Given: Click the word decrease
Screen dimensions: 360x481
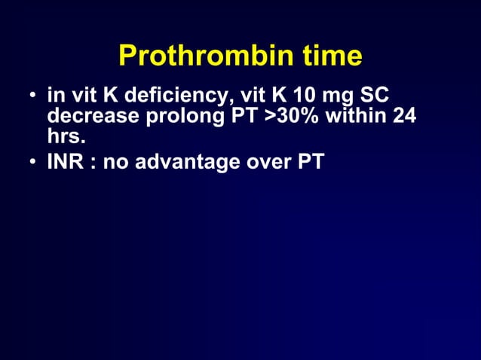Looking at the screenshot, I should point(87,118).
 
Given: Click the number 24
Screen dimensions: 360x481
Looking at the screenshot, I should point(404,118).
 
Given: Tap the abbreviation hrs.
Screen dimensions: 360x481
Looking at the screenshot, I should point(66,139).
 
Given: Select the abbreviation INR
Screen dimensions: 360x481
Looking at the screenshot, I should point(64,160).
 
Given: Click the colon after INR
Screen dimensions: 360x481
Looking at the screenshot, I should point(89,162).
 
